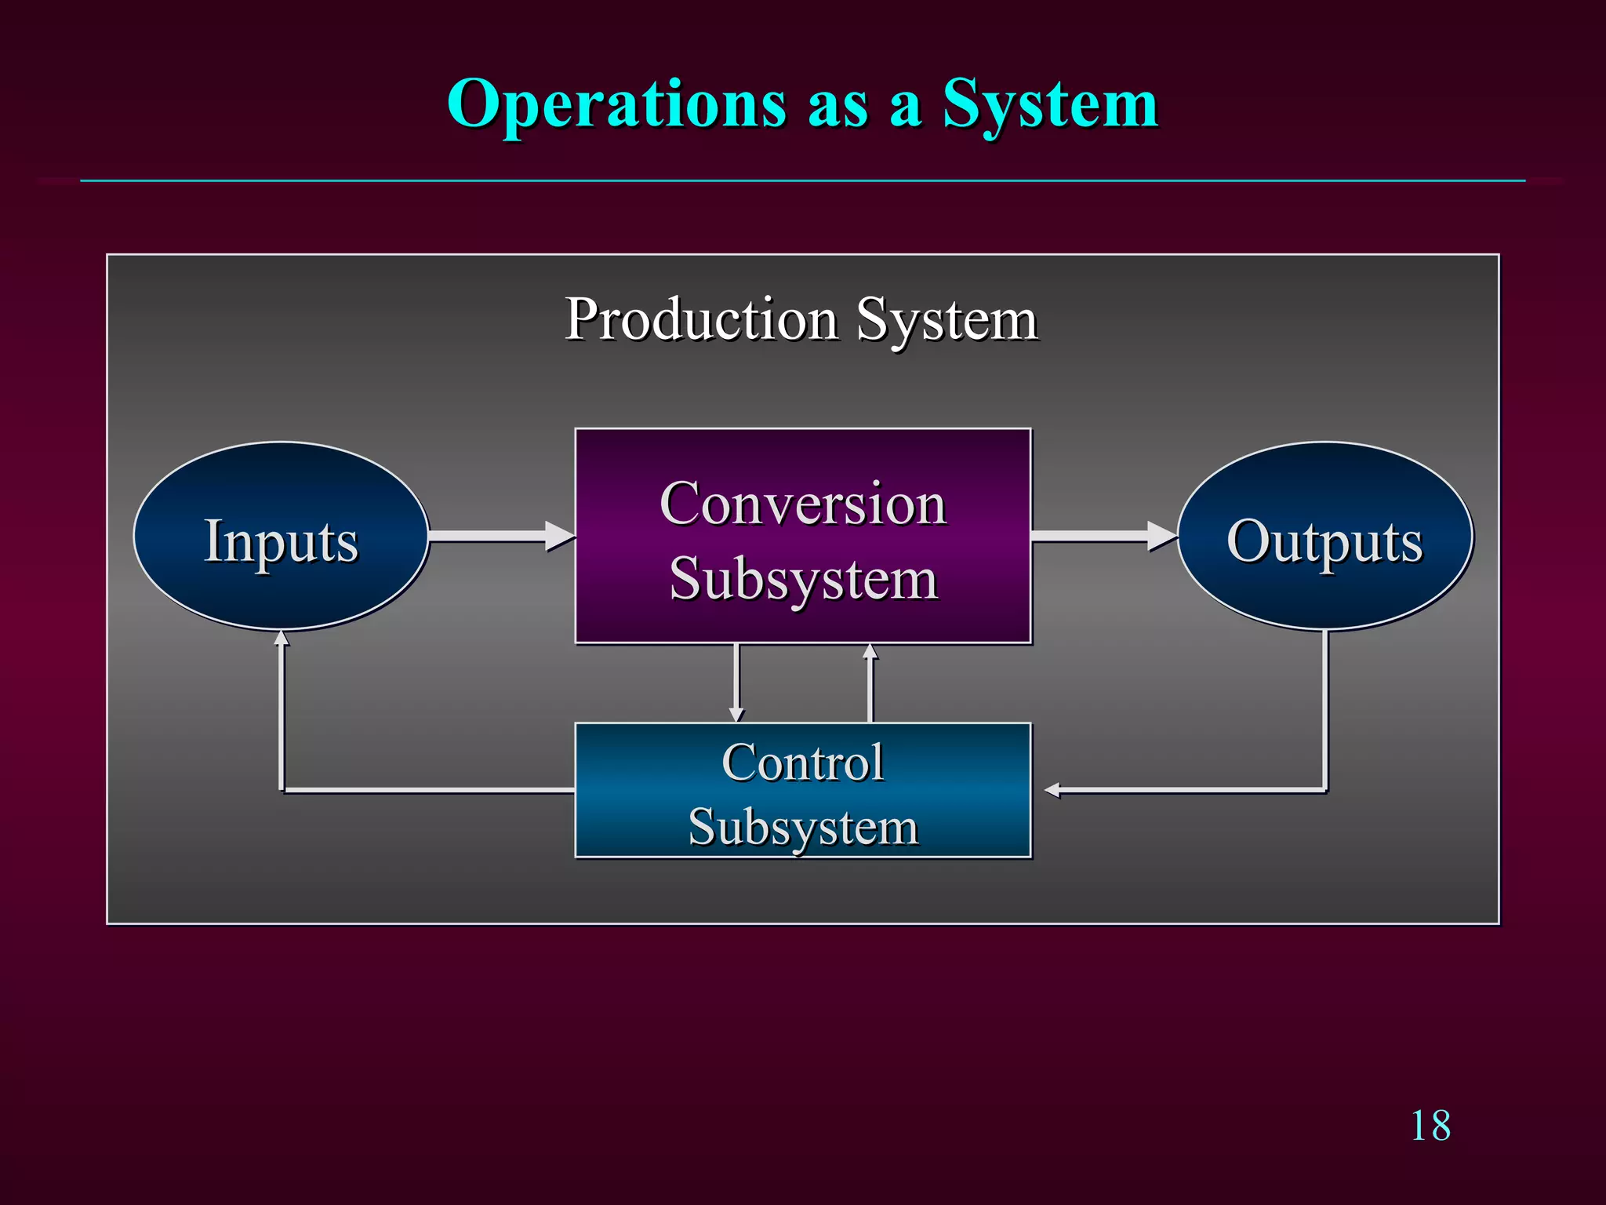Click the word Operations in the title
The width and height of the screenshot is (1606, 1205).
click(616, 105)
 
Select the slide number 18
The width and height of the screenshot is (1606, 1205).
click(1430, 1127)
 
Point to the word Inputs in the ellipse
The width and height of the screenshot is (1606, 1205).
click(281, 541)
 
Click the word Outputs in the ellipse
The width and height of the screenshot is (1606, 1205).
click(1324, 541)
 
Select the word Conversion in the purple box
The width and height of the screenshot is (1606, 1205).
click(803, 504)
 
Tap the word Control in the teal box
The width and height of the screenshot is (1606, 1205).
click(803, 763)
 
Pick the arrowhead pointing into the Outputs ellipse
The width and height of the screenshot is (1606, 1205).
click(1162, 536)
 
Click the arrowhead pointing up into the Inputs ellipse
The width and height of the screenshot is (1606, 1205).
click(282, 638)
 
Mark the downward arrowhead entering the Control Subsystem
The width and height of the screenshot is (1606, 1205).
click(736, 714)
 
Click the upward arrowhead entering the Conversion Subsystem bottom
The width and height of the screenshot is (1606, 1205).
click(870, 651)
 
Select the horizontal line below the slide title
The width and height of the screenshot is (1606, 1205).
click(803, 180)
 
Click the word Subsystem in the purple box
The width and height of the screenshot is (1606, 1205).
click(803, 579)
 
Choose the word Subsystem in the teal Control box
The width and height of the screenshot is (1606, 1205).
click(803, 827)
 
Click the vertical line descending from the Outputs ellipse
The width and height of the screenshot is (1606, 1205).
click(1325, 706)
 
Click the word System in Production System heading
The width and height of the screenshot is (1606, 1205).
click(947, 320)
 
